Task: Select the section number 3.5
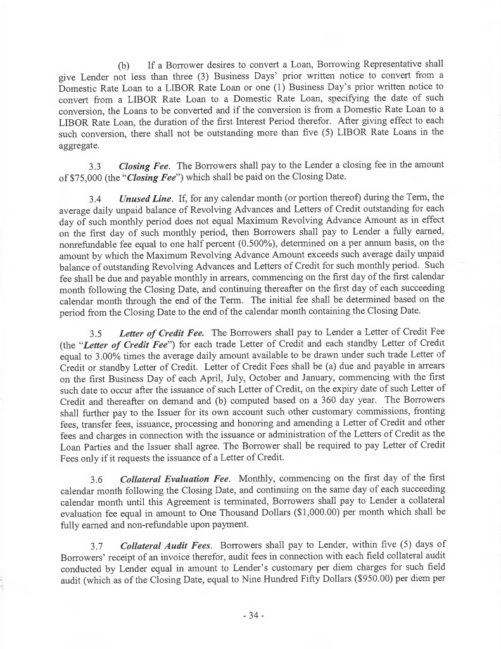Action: (96, 332)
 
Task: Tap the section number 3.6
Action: (96, 476)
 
